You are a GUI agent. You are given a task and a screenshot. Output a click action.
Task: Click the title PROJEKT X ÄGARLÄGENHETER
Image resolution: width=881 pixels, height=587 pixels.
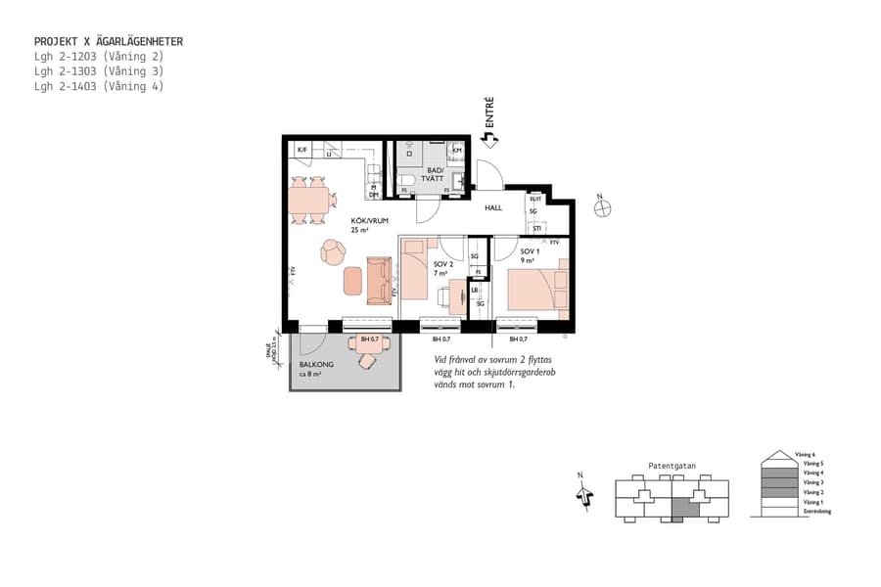click(x=108, y=42)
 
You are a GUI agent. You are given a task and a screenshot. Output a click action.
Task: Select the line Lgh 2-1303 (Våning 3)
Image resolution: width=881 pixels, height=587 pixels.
click(x=98, y=71)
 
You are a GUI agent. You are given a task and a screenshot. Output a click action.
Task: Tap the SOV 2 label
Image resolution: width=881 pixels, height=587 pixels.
click(x=442, y=265)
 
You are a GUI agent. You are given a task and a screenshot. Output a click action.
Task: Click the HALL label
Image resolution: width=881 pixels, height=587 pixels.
click(x=493, y=207)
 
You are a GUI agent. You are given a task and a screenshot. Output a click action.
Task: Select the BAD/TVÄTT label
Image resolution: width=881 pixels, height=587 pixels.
click(x=433, y=174)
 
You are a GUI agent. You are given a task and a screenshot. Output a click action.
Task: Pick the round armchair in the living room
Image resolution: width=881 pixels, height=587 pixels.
click(x=333, y=252)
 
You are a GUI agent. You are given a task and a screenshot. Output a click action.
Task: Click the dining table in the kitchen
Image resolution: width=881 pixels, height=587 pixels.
click(x=309, y=201)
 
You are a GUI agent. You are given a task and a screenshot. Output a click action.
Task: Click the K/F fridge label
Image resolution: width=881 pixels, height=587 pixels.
click(x=302, y=150)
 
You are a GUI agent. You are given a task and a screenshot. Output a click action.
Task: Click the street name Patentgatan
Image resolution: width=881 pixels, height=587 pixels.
click(x=672, y=467)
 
